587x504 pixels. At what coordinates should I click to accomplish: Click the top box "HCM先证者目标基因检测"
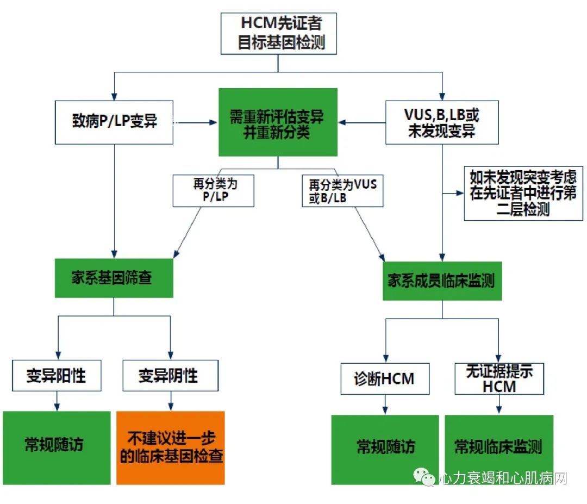(x=278, y=33)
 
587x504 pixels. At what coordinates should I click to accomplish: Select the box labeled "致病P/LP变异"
(x=114, y=122)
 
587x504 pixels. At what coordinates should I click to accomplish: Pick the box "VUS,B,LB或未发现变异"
(x=441, y=122)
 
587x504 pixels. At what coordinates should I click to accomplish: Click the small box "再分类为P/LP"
(x=213, y=191)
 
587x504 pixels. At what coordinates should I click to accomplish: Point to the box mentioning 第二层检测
(x=523, y=194)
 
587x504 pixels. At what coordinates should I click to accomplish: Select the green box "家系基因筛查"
(x=114, y=278)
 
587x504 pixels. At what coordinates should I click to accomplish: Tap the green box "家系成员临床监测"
(x=442, y=281)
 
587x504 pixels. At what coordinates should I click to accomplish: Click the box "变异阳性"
(x=57, y=376)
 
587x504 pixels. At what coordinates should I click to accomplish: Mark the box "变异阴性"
(x=170, y=376)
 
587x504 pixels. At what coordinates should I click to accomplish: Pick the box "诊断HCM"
(x=385, y=378)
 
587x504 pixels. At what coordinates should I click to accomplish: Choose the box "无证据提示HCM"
(x=498, y=378)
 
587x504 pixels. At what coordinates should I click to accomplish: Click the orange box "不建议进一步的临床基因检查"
(x=170, y=447)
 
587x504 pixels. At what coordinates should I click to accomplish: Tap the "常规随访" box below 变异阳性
(x=57, y=447)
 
